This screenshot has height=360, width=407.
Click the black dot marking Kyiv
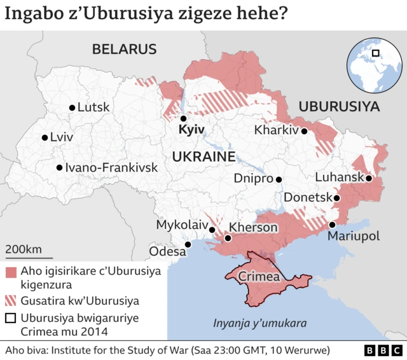point(183,118)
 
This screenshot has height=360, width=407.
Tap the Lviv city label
point(61,137)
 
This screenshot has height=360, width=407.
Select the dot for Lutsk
point(72,108)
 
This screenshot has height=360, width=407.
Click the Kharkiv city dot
point(304,131)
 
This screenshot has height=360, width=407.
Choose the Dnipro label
point(252,179)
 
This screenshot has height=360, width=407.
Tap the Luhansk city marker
point(368,178)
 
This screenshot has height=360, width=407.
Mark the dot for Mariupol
point(332,225)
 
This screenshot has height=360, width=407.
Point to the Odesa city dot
point(188,244)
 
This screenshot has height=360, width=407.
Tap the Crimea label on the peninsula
point(259,277)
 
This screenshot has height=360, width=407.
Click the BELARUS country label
point(124,49)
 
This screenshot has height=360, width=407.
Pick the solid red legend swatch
point(10,272)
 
